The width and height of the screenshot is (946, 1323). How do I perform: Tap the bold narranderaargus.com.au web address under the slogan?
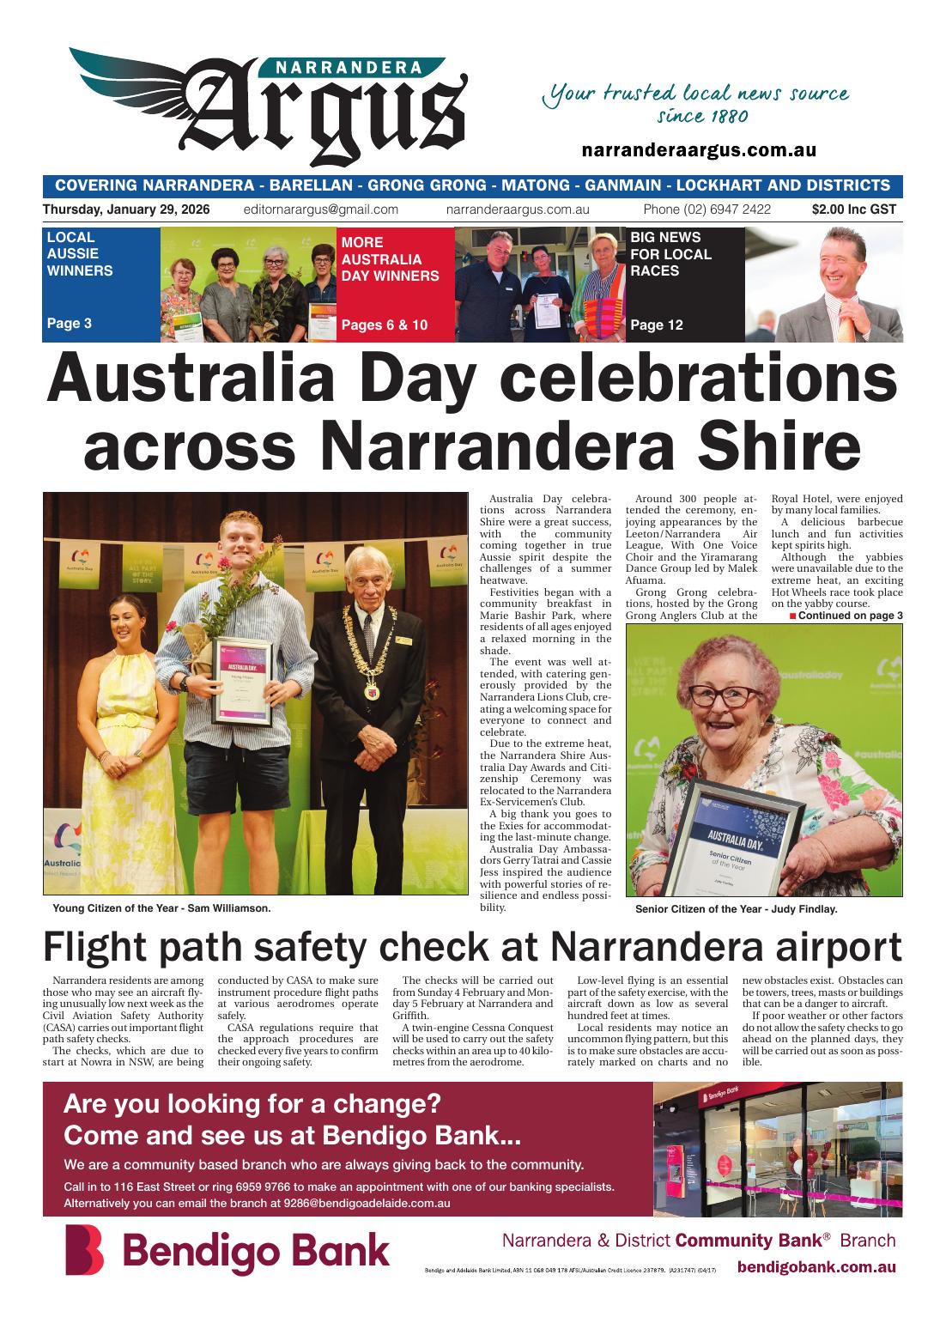(x=698, y=150)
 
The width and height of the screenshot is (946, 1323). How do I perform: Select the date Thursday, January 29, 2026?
(x=125, y=209)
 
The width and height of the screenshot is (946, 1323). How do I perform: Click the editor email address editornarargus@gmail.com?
(x=320, y=209)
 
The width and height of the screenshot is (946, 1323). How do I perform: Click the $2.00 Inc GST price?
(x=853, y=209)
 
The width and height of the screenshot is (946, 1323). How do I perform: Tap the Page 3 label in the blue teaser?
(x=70, y=324)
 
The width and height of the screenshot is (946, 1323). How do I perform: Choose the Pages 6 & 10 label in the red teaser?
(x=384, y=325)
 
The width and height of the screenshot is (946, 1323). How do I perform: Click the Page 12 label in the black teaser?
(x=657, y=325)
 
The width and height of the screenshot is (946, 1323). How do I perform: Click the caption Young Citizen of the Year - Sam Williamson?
(x=161, y=907)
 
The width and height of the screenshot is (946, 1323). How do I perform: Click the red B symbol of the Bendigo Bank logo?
(x=84, y=1250)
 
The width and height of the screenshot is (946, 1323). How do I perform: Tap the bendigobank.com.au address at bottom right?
(x=816, y=1267)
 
